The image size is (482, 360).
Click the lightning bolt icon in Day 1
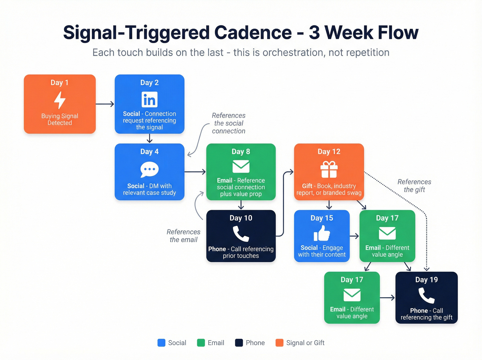click(x=60, y=100)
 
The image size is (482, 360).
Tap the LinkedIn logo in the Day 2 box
click(x=149, y=100)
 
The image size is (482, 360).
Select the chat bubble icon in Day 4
click(x=149, y=169)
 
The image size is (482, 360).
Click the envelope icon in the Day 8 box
click(x=241, y=166)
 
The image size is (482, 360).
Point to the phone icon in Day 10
click(x=241, y=234)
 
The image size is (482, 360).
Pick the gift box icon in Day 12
click(x=329, y=169)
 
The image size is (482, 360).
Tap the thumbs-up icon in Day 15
click(x=322, y=233)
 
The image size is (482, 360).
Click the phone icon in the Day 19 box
click(x=426, y=296)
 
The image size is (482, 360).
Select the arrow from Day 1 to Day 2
click(x=105, y=104)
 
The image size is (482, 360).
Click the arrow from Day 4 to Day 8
click(x=195, y=172)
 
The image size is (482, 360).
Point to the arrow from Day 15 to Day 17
click(x=354, y=236)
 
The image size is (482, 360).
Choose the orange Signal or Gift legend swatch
click(x=280, y=343)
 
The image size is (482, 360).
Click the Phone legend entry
click(x=250, y=343)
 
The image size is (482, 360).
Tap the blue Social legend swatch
click(x=161, y=343)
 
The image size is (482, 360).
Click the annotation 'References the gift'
click(x=414, y=186)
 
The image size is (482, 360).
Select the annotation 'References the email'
click(x=184, y=236)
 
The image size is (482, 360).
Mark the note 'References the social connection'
click(x=229, y=123)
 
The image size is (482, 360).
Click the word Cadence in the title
click(x=253, y=33)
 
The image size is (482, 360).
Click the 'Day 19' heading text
click(x=426, y=280)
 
